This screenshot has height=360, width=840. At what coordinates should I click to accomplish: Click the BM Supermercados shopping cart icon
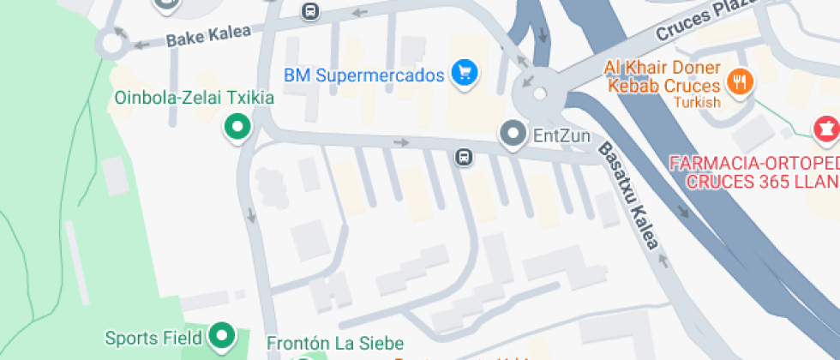click(464, 74)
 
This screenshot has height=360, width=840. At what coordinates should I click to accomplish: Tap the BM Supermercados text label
click(363, 75)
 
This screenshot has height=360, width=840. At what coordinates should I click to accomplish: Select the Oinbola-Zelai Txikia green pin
click(237, 128)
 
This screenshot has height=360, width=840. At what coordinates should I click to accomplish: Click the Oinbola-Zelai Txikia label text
click(195, 98)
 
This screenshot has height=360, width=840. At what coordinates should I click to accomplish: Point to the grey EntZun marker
click(513, 134)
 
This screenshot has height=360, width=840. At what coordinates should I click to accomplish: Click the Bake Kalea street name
click(208, 35)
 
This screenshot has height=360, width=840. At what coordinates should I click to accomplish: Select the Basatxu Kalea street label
click(629, 195)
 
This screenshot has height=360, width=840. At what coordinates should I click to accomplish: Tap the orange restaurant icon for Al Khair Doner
click(738, 82)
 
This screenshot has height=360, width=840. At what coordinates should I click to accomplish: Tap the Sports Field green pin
click(223, 336)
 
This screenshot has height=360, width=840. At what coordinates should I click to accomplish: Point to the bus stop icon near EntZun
click(463, 157)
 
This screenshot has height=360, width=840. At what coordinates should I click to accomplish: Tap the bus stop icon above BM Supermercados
click(310, 11)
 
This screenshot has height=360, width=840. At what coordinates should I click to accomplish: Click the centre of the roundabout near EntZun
click(539, 93)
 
